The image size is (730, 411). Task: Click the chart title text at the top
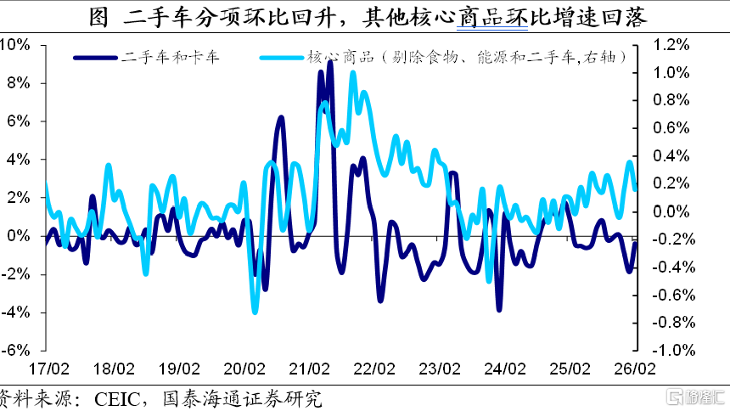pyautogui.click(x=368, y=17)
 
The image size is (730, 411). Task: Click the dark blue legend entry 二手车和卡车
pyautogui.click(x=146, y=57)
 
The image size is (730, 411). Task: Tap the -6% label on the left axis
pyautogui.click(x=15, y=351)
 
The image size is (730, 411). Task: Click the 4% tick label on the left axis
pyautogui.click(x=19, y=160)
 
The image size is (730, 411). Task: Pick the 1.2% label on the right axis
pyautogui.click(x=671, y=45)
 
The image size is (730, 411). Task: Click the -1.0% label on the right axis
pyautogui.click(x=673, y=350)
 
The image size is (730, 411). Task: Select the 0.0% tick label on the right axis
pyautogui.click(x=671, y=211)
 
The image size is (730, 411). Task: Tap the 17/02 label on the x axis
pyautogui.click(x=48, y=369)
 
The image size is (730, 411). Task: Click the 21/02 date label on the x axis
pyautogui.click(x=309, y=369)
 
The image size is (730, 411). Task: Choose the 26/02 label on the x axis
pyautogui.click(x=635, y=369)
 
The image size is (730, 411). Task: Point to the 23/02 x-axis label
pyautogui.click(x=440, y=369)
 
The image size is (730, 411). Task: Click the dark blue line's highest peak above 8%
pyautogui.click(x=330, y=62)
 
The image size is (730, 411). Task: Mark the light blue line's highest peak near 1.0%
pyautogui.click(x=353, y=73)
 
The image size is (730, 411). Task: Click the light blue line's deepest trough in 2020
pyautogui.click(x=255, y=312)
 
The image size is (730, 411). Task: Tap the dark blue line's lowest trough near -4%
pyautogui.click(x=499, y=309)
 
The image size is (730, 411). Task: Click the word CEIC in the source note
pyautogui.click(x=117, y=400)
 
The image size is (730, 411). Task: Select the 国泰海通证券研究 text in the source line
pyautogui.click(x=242, y=399)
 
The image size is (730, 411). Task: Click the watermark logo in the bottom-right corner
pyautogui.click(x=695, y=397)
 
